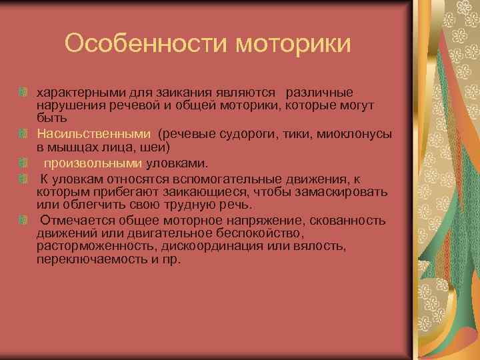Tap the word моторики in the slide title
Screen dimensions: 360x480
pyautogui.click(x=293, y=43)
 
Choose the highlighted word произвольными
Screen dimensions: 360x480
pyautogui.click(x=93, y=163)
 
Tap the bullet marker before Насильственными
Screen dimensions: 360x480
pyautogui.click(x=23, y=133)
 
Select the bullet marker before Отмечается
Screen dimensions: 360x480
pyautogui.click(x=23, y=221)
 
